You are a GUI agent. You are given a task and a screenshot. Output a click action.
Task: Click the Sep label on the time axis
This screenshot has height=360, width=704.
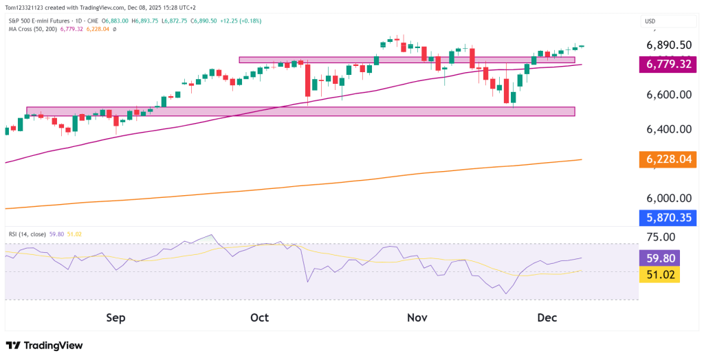coord(115,317)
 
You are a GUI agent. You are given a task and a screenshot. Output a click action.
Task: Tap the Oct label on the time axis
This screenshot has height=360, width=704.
coord(259,317)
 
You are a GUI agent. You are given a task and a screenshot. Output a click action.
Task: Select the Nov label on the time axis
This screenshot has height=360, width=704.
coord(417,317)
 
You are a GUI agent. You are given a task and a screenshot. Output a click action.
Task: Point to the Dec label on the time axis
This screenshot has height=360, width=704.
coord(547,317)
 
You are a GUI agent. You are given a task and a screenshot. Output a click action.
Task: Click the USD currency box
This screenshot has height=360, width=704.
coord(650,21)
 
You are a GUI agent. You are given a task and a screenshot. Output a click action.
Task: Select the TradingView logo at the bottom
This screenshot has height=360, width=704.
coord(48,345)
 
